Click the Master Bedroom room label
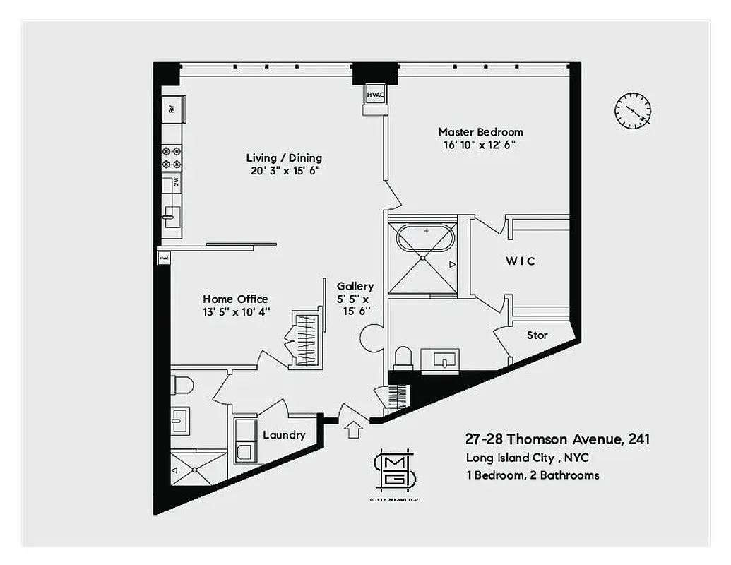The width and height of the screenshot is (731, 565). pyautogui.click(x=480, y=132)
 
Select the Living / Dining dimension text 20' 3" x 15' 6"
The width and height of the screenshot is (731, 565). pyautogui.click(x=284, y=171)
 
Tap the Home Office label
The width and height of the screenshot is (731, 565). pyautogui.click(x=235, y=299)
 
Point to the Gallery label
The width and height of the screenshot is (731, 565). pyautogui.click(x=355, y=286)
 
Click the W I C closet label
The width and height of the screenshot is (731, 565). pyautogui.click(x=520, y=261)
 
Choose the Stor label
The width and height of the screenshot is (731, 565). pyautogui.click(x=537, y=335)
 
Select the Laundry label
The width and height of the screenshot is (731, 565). pyautogui.click(x=284, y=435)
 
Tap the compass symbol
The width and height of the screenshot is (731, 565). pyautogui.click(x=632, y=111)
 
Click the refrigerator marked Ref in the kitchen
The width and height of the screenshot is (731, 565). pyautogui.click(x=172, y=108)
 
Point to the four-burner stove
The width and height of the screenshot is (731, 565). pyautogui.click(x=172, y=157)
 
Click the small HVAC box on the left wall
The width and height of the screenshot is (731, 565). pyautogui.click(x=164, y=258)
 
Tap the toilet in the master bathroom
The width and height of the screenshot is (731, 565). pyautogui.click(x=403, y=357)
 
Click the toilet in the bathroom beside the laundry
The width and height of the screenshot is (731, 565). pyautogui.click(x=183, y=385)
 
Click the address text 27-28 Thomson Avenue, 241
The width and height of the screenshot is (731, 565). pyautogui.click(x=557, y=439)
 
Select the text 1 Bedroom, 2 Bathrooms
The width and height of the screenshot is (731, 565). pyautogui.click(x=532, y=475)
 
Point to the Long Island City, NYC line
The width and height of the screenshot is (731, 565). pyautogui.click(x=526, y=458)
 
